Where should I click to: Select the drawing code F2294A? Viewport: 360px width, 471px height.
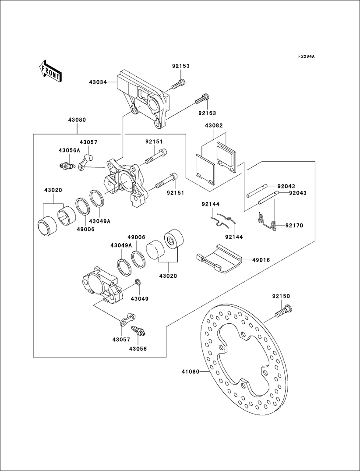[x=306, y=57]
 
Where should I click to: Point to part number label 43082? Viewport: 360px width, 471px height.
[x=214, y=126]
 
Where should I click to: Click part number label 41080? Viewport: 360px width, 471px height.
[x=190, y=372]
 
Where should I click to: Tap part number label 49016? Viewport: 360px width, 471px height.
[x=261, y=260]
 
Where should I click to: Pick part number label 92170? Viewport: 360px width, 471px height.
[x=294, y=226]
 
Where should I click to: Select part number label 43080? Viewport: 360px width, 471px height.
[x=77, y=120]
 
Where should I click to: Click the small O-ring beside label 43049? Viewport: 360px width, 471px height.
[x=138, y=283]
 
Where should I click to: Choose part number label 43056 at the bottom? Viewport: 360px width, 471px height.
[x=138, y=349]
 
